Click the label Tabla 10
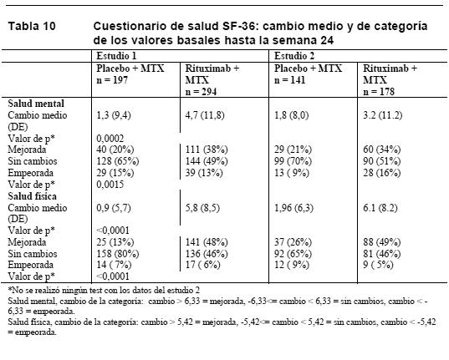click(x=32, y=27)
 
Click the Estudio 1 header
click(x=116, y=56)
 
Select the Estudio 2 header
click(x=294, y=56)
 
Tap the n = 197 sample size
click(x=112, y=80)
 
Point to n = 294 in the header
click(x=201, y=92)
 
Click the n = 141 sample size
click(x=290, y=80)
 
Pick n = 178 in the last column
click(x=379, y=92)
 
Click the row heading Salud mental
click(x=36, y=104)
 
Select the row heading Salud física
click(x=32, y=196)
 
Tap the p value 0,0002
click(x=110, y=139)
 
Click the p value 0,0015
click(x=110, y=185)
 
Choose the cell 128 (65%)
click(x=118, y=161)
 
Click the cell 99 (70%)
click(x=293, y=161)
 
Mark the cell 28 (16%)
click(x=382, y=173)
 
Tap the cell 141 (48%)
click(x=207, y=242)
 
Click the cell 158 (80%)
click(x=118, y=254)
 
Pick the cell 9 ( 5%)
click(x=378, y=265)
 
